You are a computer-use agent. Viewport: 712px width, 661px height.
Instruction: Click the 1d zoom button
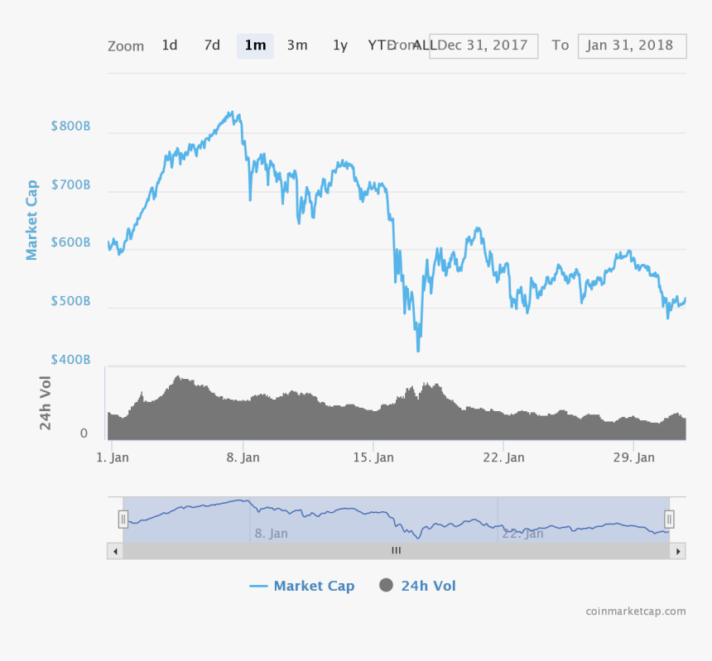click(x=170, y=46)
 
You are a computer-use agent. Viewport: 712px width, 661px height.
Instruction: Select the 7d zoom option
click(x=212, y=46)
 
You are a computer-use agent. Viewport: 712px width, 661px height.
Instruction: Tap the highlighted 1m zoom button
click(x=255, y=46)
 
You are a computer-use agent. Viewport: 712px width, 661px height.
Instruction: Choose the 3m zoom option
click(x=297, y=46)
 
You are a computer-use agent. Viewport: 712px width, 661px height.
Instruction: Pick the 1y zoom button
click(x=340, y=46)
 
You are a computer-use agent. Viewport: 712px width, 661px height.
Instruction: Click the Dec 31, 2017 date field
click(x=483, y=46)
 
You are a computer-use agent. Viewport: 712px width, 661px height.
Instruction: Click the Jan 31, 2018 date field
click(x=632, y=46)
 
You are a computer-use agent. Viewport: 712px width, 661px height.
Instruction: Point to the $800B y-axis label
click(x=70, y=127)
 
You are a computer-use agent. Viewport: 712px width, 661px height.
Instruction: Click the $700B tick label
click(x=70, y=185)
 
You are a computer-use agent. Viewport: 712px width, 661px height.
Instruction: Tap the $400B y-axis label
click(x=70, y=360)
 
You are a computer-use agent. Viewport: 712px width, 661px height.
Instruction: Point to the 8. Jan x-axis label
click(x=243, y=457)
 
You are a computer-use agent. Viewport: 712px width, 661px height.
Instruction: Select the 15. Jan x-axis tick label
click(x=373, y=457)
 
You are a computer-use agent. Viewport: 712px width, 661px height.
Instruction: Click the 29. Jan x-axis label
click(x=634, y=457)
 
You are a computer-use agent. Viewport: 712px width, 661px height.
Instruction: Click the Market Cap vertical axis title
click(x=32, y=220)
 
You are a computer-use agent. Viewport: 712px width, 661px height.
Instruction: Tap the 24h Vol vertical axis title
click(x=46, y=403)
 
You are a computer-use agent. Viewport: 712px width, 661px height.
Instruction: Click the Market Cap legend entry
click(x=302, y=587)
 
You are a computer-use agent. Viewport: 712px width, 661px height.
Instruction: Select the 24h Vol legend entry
click(x=418, y=587)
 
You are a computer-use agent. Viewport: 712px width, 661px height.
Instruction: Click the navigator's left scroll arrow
click(x=115, y=551)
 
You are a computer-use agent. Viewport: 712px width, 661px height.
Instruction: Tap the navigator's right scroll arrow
click(x=678, y=551)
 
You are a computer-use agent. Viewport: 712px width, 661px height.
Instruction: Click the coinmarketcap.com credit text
click(x=635, y=611)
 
